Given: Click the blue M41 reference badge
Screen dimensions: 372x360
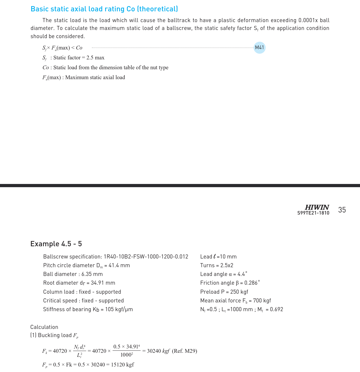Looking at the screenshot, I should click(x=259, y=47).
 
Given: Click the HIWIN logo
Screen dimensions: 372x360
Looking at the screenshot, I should click(x=317, y=207).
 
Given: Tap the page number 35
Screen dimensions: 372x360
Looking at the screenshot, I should click(x=342, y=210).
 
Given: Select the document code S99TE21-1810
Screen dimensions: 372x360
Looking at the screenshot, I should click(x=313, y=213).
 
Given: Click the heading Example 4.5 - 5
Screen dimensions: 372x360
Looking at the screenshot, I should click(x=56, y=244).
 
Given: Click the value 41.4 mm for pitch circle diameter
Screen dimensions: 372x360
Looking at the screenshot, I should click(x=119, y=265).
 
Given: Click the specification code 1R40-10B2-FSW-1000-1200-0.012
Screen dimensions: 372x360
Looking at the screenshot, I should click(x=146, y=256).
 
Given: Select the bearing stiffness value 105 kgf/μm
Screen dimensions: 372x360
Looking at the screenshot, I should click(x=119, y=309).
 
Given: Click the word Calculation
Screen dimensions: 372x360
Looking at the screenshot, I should click(x=44, y=327).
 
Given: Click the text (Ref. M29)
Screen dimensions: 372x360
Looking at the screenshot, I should click(x=184, y=351).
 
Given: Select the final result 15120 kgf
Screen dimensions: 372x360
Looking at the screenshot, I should click(x=122, y=364).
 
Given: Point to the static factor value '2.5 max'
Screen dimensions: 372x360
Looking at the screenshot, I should click(x=95, y=58).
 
